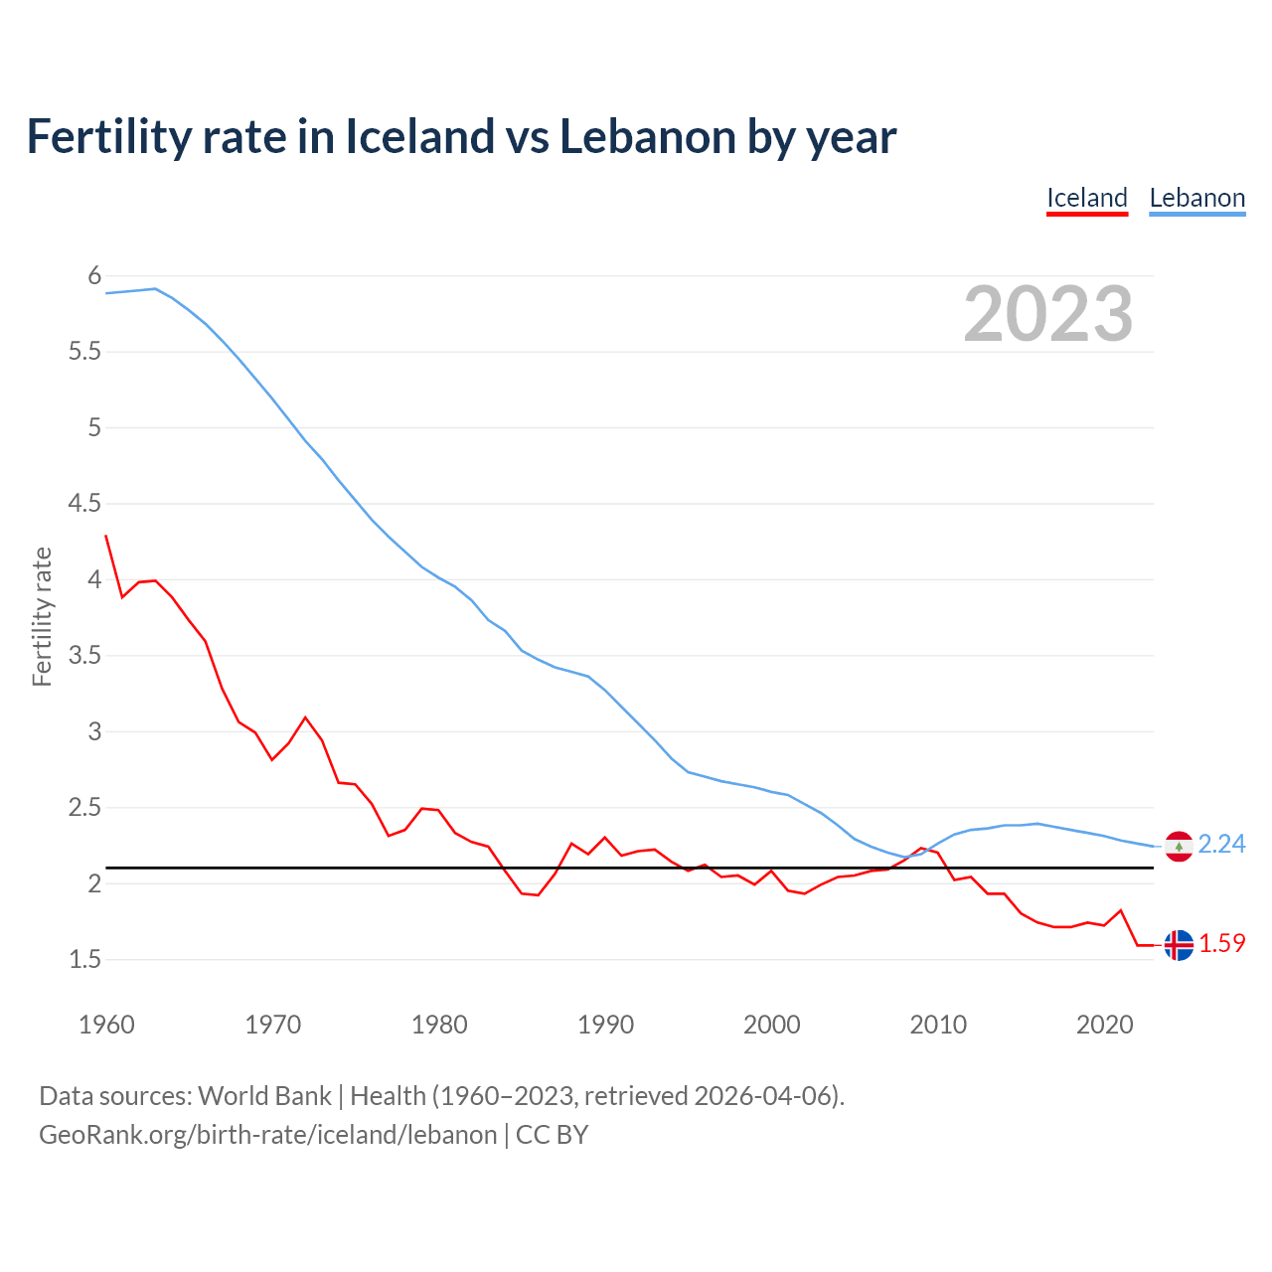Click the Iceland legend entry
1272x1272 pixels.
coord(1087,198)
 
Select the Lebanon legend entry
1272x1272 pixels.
coord(1196,198)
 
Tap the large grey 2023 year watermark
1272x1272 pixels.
coord(1048,314)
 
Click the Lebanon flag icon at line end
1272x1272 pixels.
coord(1179,846)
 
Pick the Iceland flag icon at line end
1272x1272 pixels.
coord(1179,945)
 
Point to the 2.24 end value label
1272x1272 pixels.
coord(1221,844)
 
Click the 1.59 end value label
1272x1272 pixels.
coord(1221,943)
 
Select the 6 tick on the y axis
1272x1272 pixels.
coord(95,275)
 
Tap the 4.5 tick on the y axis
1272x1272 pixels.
coord(84,504)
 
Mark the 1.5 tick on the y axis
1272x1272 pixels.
coord(84,960)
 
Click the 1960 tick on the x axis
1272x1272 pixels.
coord(106,1025)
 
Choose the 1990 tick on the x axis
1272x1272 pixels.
coord(605,1025)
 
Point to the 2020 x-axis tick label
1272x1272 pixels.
coord(1104,1025)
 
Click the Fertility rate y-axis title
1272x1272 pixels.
coord(42,616)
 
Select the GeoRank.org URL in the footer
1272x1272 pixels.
coord(267,1135)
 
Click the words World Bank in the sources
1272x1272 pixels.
coord(264,1096)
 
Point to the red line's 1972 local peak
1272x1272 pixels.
coord(305,717)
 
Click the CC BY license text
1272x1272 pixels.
coord(552,1135)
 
